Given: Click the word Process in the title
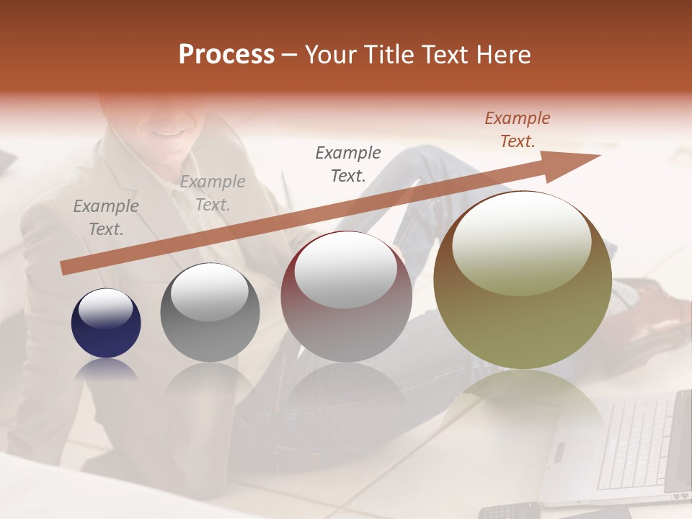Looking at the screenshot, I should [226, 55].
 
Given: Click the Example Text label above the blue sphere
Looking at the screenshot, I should [106, 217].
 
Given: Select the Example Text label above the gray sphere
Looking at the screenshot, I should [213, 192].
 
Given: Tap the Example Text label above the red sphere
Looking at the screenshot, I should [348, 164].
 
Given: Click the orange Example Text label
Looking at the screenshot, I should [517, 129].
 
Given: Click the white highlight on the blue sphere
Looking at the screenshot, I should [105, 309].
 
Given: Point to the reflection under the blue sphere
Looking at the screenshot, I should [106, 370].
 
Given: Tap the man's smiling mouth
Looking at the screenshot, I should [167, 131].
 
